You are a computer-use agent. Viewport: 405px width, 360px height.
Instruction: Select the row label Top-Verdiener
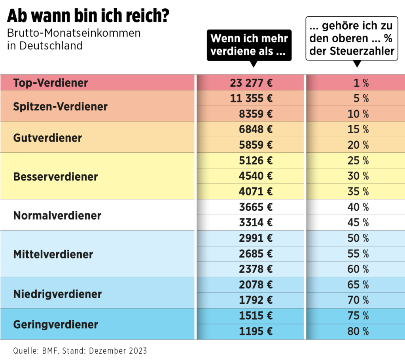point(51,83)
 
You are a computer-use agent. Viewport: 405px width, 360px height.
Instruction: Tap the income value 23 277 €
point(251,83)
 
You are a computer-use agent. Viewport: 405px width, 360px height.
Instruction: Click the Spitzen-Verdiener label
point(60,106)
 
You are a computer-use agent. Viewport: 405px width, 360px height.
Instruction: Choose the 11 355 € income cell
point(251,99)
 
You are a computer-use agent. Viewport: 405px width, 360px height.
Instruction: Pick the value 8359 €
point(256,114)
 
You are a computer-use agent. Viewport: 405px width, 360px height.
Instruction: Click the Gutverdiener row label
point(47,138)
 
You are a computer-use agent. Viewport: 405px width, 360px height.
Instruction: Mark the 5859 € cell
point(256,145)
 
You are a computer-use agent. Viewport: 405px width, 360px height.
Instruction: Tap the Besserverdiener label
point(55,176)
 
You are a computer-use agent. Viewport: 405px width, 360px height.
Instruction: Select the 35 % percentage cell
point(358,192)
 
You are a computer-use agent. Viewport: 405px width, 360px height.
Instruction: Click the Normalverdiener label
point(57,216)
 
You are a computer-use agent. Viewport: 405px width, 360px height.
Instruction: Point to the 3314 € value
point(256,223)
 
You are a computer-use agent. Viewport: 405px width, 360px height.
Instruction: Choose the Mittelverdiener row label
point(53,254)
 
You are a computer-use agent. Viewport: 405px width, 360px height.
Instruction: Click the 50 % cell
point(358,238)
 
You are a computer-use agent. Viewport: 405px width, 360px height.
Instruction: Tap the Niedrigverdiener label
point(57,294)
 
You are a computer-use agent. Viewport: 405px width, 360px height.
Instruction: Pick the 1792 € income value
point(256,300)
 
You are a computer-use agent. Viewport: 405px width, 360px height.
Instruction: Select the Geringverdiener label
point(55,325)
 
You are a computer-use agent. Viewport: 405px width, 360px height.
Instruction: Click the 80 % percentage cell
point(358,332)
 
